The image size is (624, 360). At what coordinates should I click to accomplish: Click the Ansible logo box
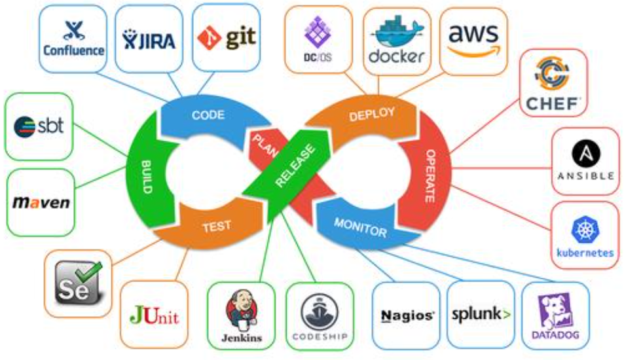pyautogui.click(x=585, y=161)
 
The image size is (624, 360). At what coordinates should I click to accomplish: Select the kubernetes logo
pyautogui.click(x=585, y=236)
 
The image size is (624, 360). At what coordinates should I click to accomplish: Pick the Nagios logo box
pyautogui.click(x=407, y=315)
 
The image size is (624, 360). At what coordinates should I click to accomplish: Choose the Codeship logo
pyautogui.click(x=320, y=315)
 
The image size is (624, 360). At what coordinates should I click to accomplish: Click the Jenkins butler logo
pyautogui.click(x=241, y=315)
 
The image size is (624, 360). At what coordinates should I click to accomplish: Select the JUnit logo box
pyautogui.click(x=155, y=314)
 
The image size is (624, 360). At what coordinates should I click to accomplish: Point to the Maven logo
pyautogui.click(x=41, y=202)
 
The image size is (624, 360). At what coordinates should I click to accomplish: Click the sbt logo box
pyautogui.click(x=39, y=126)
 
